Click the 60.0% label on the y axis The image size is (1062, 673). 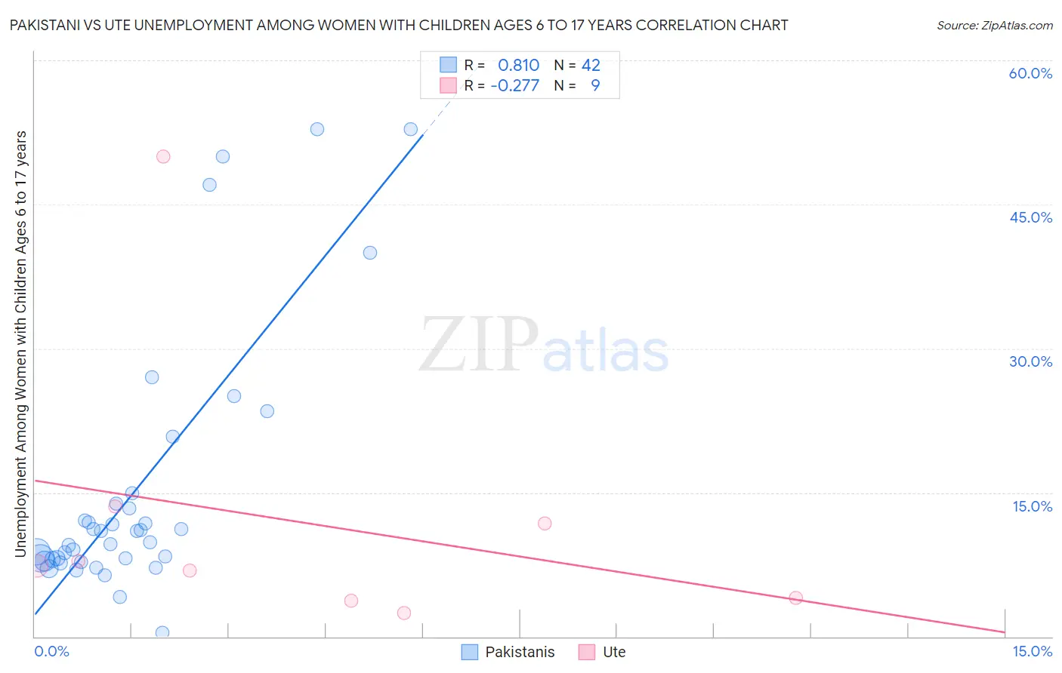(x=1030, y=73)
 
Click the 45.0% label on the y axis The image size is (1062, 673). (x=1030, y=217)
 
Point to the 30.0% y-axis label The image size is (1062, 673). (x=1030, y=361)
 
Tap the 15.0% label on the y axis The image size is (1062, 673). (x=1032, y=506)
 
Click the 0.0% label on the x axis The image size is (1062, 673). (x=51, y=651)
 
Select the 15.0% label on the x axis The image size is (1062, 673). (x=1032, y=651)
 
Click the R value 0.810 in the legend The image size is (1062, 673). (x=518, y=66)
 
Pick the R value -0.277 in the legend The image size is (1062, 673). (x=514, y=86)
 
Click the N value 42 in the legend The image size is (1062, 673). (x=591, y=66)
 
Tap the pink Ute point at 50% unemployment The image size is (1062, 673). (x=163, y=157)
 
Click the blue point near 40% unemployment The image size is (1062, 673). (x=370, y=253)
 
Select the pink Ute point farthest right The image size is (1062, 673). (x=795, y=598)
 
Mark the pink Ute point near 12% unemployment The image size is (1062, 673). (x=545, y=524)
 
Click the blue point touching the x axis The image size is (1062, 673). (x=162, y=632)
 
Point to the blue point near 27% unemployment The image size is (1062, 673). (x=152, y=377)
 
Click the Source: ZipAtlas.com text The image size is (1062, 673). (x=994, y=26)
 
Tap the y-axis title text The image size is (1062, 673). (x=20, y=344)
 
